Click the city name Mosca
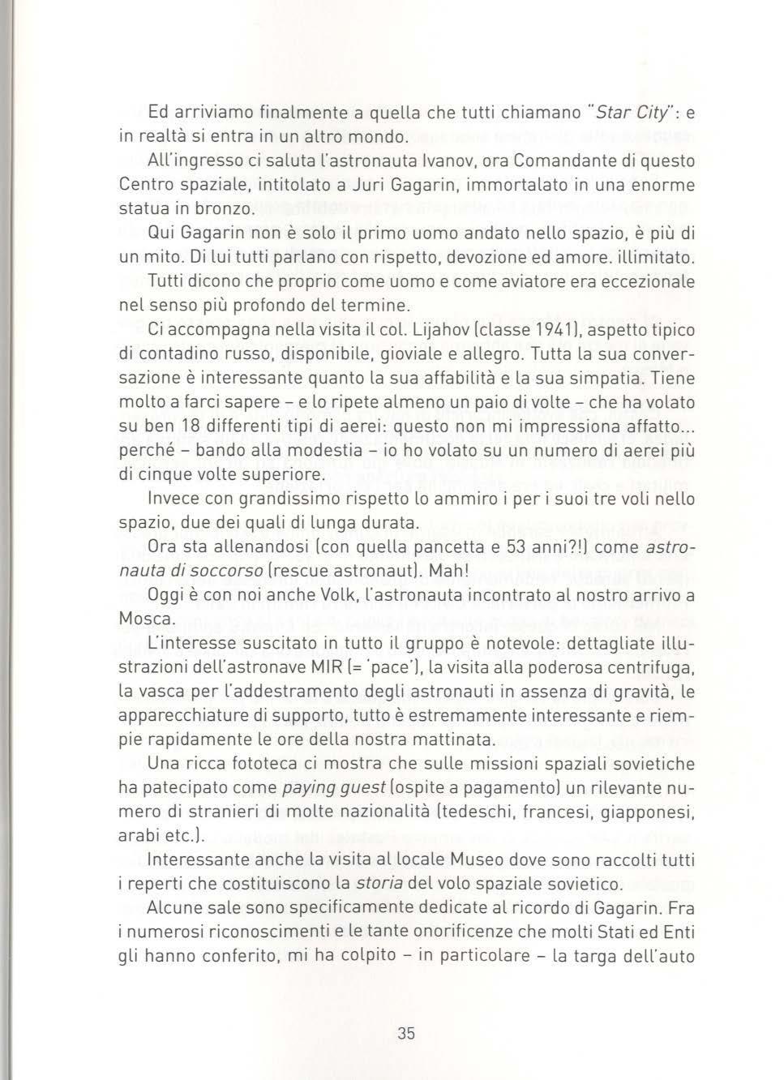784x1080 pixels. click(146, 619)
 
